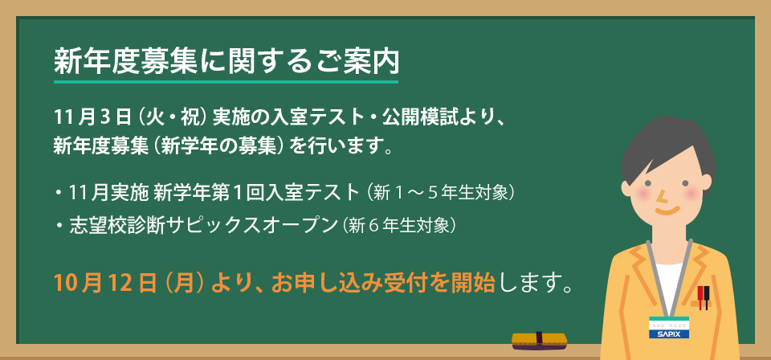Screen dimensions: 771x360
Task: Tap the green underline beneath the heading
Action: click(x=226, y=81)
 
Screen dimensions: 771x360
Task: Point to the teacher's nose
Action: click(x=663, y=197)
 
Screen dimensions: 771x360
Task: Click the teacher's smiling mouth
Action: click(x=667, y=211)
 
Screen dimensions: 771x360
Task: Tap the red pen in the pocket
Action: click(x=700, y=297)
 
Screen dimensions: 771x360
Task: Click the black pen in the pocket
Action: click(x=707, y=297)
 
